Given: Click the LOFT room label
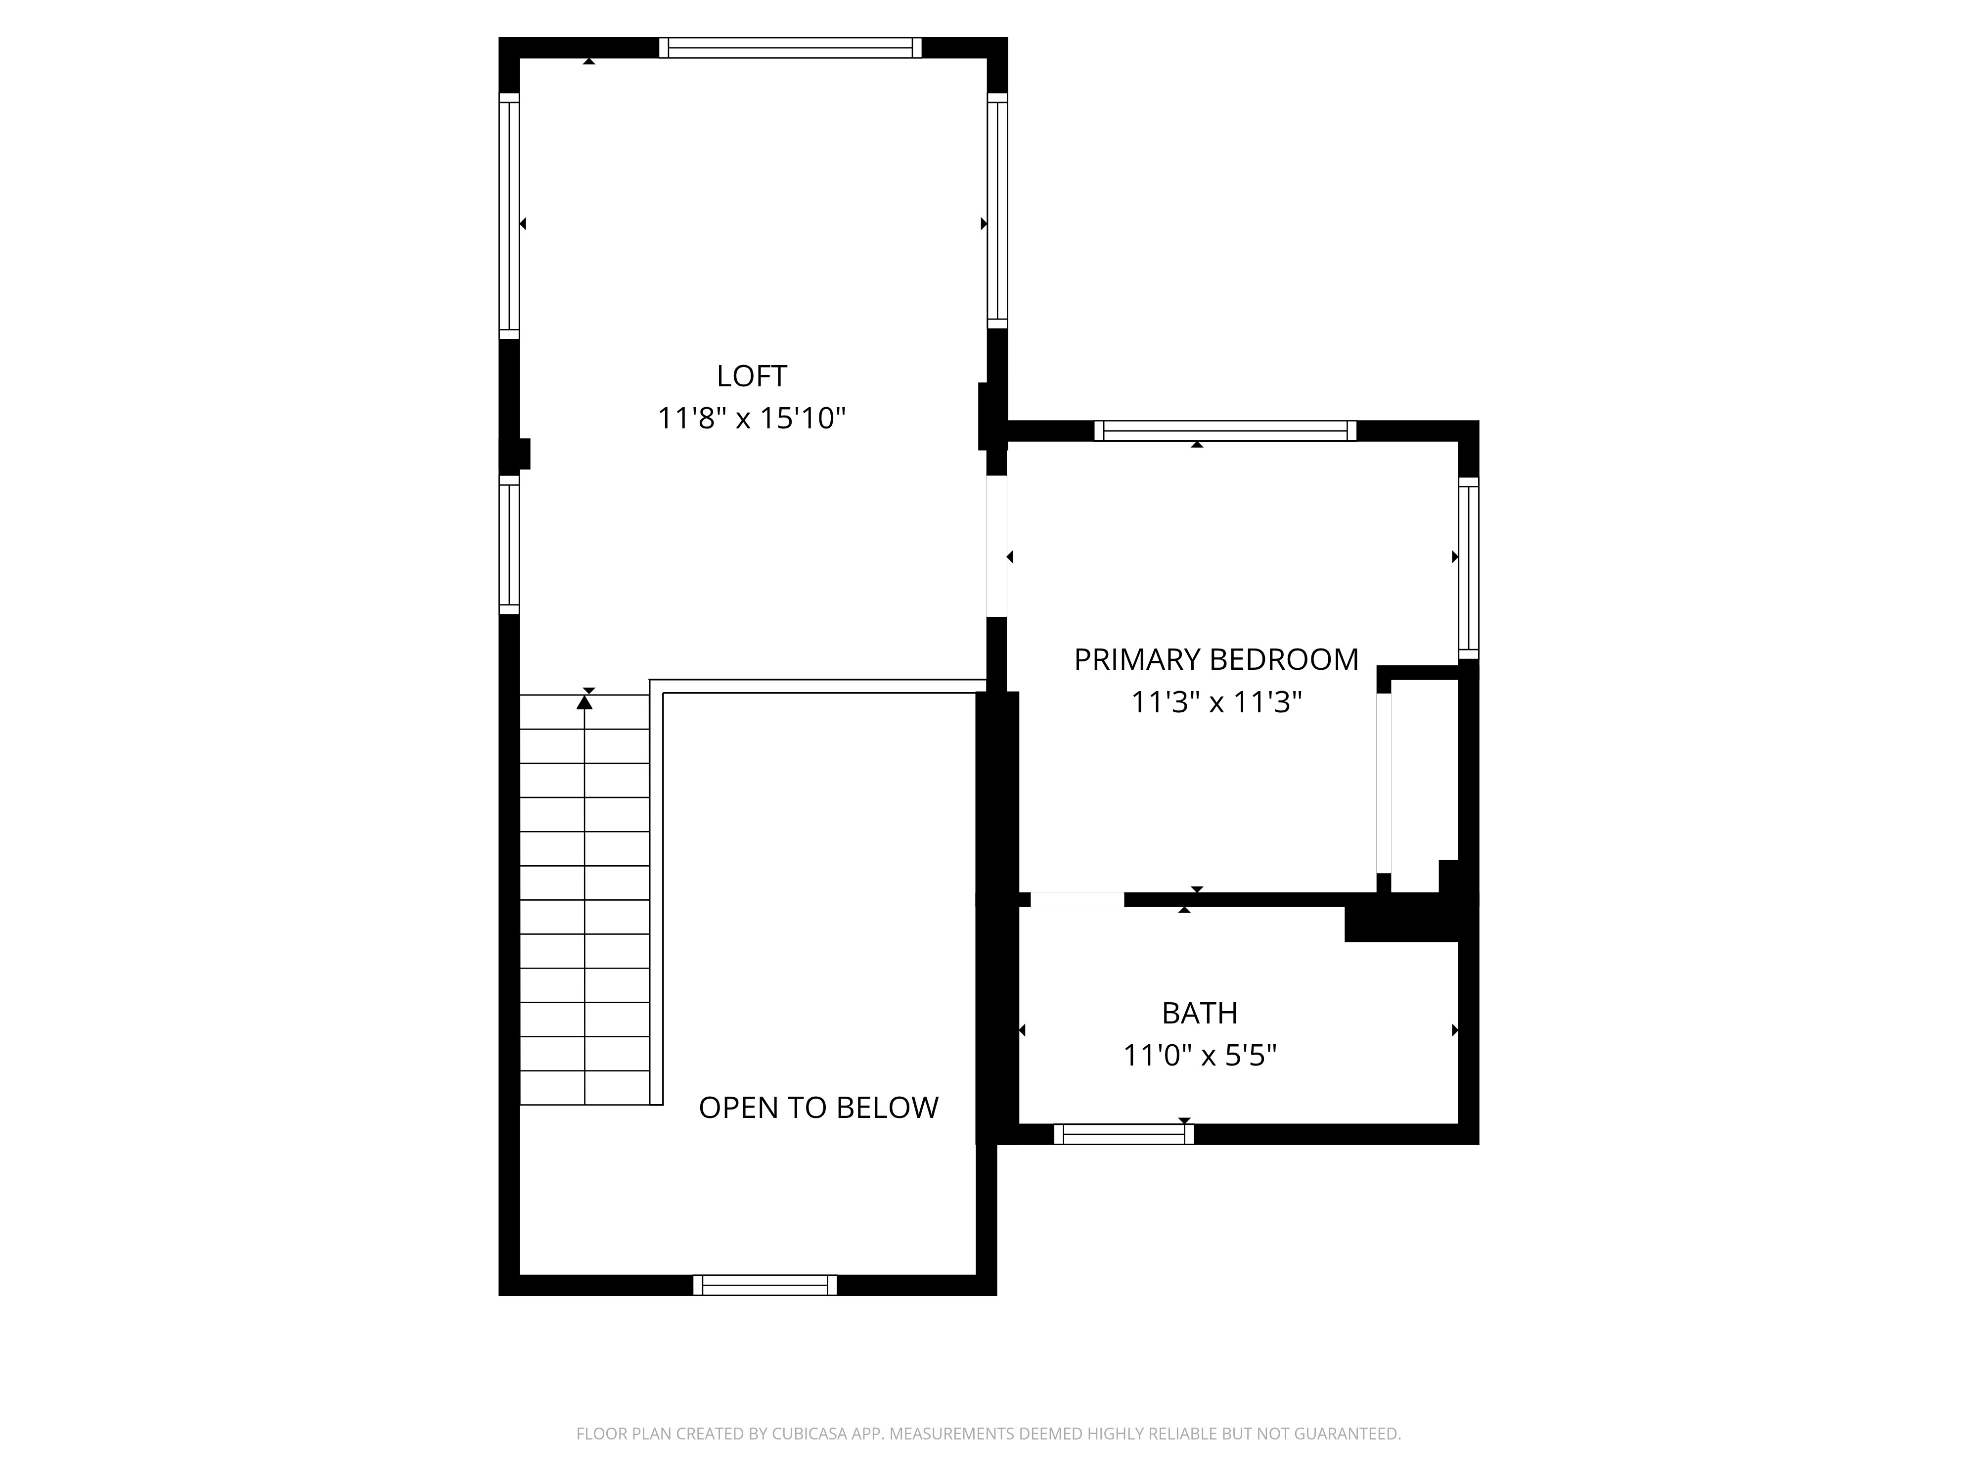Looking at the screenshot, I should pyautogui.click(x=751, y=375).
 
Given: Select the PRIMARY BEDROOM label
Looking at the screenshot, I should pyautogui.click(x=1215, y=659).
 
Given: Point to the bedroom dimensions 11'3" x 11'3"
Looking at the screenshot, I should pyautogui.click(x=1215, y=702).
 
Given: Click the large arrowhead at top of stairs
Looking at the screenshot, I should pyautogui.click(x=585, y=702).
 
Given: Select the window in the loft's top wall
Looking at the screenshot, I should pyautogui.click(x=791, y=47).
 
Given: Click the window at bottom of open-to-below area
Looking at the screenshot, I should pyautogui.click(x=764, y=1286).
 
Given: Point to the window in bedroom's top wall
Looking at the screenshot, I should pyautogui.click(x=1225, y=430).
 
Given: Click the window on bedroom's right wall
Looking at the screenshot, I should pyautogui.click(x=1468, y=568).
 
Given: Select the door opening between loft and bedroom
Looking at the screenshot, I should pyautogui.click(x=996, y=546).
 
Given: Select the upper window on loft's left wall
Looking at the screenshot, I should pyautogui.click(x=509, y=216).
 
